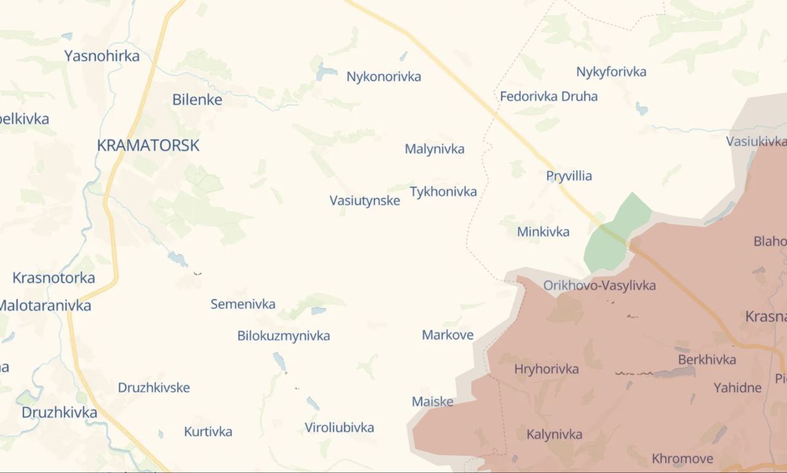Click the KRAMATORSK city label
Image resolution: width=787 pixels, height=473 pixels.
tap(148, 146)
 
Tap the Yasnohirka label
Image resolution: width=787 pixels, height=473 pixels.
tap(102, 56)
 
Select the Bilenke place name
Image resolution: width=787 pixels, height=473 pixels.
tap(197, 100)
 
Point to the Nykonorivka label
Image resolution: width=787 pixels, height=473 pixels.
tap(384, 77)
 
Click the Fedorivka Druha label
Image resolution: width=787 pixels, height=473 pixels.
tap(548, 96)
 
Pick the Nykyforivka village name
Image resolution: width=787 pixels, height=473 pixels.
tap(611, 72)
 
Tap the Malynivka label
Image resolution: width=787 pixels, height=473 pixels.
tap(435, 149)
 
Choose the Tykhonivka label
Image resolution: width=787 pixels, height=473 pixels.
tap(443, 192)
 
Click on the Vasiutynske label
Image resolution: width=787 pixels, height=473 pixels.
tap(365, 200)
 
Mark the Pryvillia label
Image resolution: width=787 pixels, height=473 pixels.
tap(569, 176)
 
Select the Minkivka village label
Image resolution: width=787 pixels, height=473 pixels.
tap(544, 232)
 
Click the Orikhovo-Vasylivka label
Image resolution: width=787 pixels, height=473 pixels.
tap(599, 285)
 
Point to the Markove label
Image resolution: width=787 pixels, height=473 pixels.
tap(448, 335)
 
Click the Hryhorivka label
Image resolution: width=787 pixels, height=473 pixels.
tap(547, 369)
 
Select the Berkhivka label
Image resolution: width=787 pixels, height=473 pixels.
tap(707, 360)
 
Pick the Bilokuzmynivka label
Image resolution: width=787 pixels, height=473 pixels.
tap(283, 335)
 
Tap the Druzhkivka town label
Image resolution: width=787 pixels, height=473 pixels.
tap(60, 412)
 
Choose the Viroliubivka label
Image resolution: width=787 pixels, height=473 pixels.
tap(339, 428)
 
